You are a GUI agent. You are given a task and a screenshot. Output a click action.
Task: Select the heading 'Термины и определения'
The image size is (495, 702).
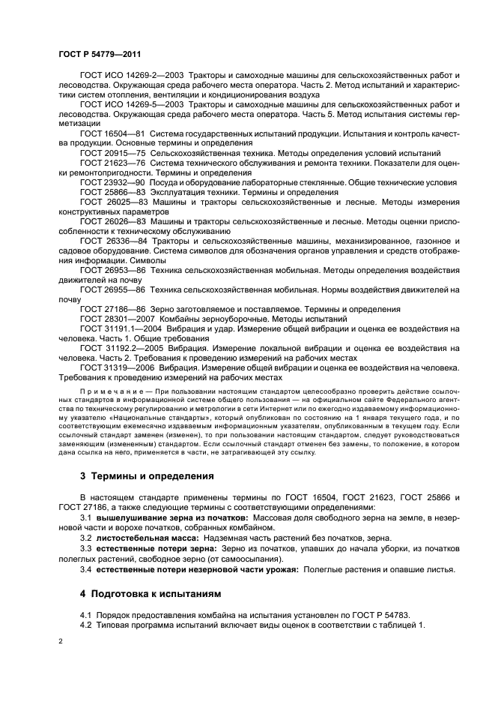[x=147, y=476]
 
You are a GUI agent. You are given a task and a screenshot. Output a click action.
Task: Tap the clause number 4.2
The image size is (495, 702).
[x=86, y=625]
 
